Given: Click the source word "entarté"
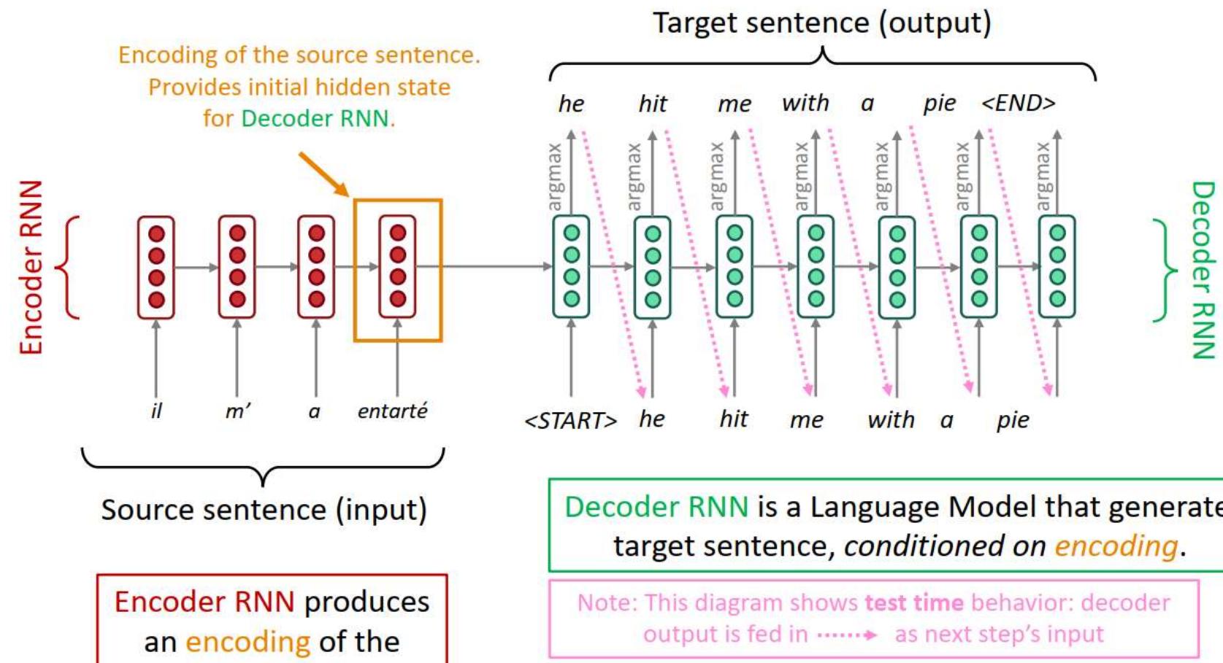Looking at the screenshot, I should (x=392, y=411).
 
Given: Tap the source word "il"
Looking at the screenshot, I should (x=156, y=411).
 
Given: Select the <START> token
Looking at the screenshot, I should (x=570, y=421).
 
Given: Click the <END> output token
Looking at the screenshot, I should (x=1019, y=103).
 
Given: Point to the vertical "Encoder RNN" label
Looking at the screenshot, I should (x=31, y=268).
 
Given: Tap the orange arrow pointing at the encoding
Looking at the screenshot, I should (x=323, y=174).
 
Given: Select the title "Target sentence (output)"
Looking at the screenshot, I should (x=822, y=23).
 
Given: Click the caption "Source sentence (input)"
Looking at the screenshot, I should (x=264, y=509).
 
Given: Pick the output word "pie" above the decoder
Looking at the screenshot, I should (x=939, y=104).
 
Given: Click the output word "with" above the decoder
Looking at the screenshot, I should (x=805, y=103).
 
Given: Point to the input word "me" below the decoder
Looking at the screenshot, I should (x=806, y=420).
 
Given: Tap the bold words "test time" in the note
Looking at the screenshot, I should (x=914, y=603).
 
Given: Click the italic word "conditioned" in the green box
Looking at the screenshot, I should (x=945, y=546).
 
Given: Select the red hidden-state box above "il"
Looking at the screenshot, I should (x=156, y=267).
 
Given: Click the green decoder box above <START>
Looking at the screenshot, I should (x=571, y=267).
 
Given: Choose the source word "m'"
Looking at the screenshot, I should (x=237, y=411).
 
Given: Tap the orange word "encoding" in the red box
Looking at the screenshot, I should (x=248, y=642).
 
